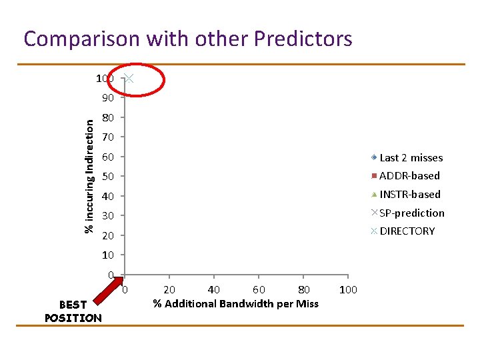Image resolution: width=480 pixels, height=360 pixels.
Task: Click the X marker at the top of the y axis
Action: point(130,79)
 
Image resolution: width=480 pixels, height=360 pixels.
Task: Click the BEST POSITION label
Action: point(73,311)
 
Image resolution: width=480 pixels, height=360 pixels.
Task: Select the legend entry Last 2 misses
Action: point(407,158)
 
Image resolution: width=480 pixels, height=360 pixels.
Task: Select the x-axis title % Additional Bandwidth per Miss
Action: point(235,304)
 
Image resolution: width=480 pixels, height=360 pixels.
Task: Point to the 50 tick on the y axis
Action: point(108,177)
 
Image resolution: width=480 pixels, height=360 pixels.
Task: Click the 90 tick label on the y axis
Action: point(108,98)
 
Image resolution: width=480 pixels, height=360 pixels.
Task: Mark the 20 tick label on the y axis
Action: point(108,236)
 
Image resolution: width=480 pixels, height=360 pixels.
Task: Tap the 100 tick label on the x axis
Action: point(348,289)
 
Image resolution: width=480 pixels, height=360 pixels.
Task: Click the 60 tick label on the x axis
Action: point(259,289)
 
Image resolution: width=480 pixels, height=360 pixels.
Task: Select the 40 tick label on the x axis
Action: point(214,289)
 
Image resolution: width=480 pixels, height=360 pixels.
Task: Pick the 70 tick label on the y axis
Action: point(108,137)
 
